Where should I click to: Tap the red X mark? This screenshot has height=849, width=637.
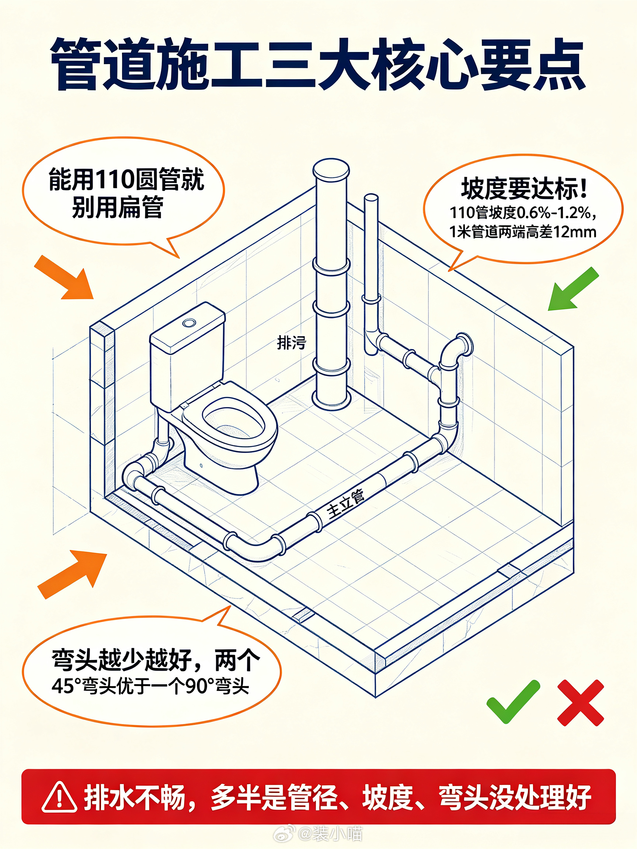pos(581,703)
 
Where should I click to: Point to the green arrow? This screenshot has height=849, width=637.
pos(573,289)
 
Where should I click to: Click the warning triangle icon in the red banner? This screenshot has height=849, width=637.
pos(59,797)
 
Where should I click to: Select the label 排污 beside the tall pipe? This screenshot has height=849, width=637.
pos(292,343)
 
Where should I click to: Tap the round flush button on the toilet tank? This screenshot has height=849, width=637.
pos(189,323)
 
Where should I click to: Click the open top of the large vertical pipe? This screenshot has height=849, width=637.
pos(331,169)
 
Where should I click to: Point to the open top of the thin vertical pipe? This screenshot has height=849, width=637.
pos(371,198)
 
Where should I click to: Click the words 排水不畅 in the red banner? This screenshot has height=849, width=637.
pos(135,797)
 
